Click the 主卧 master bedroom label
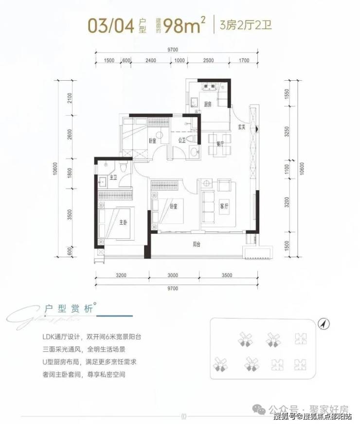124,223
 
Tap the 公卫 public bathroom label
182,141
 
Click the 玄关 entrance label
241,127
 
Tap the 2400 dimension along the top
150,60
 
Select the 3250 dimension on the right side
288,131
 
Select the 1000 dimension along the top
180,60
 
